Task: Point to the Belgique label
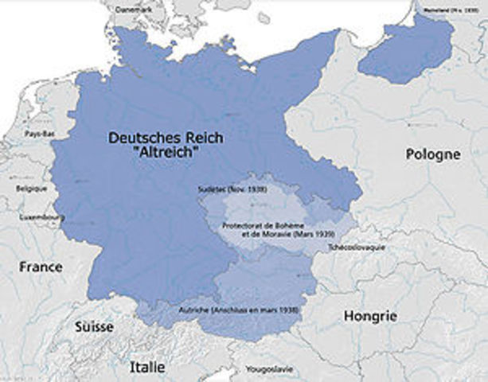pos(32,189)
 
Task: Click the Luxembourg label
pos(43,217)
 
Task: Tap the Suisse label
pos(94,327)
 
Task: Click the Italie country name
pos(148,367)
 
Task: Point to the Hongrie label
pos(369,316)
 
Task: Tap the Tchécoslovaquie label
pos(357,248)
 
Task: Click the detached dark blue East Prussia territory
pos(406,53)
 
